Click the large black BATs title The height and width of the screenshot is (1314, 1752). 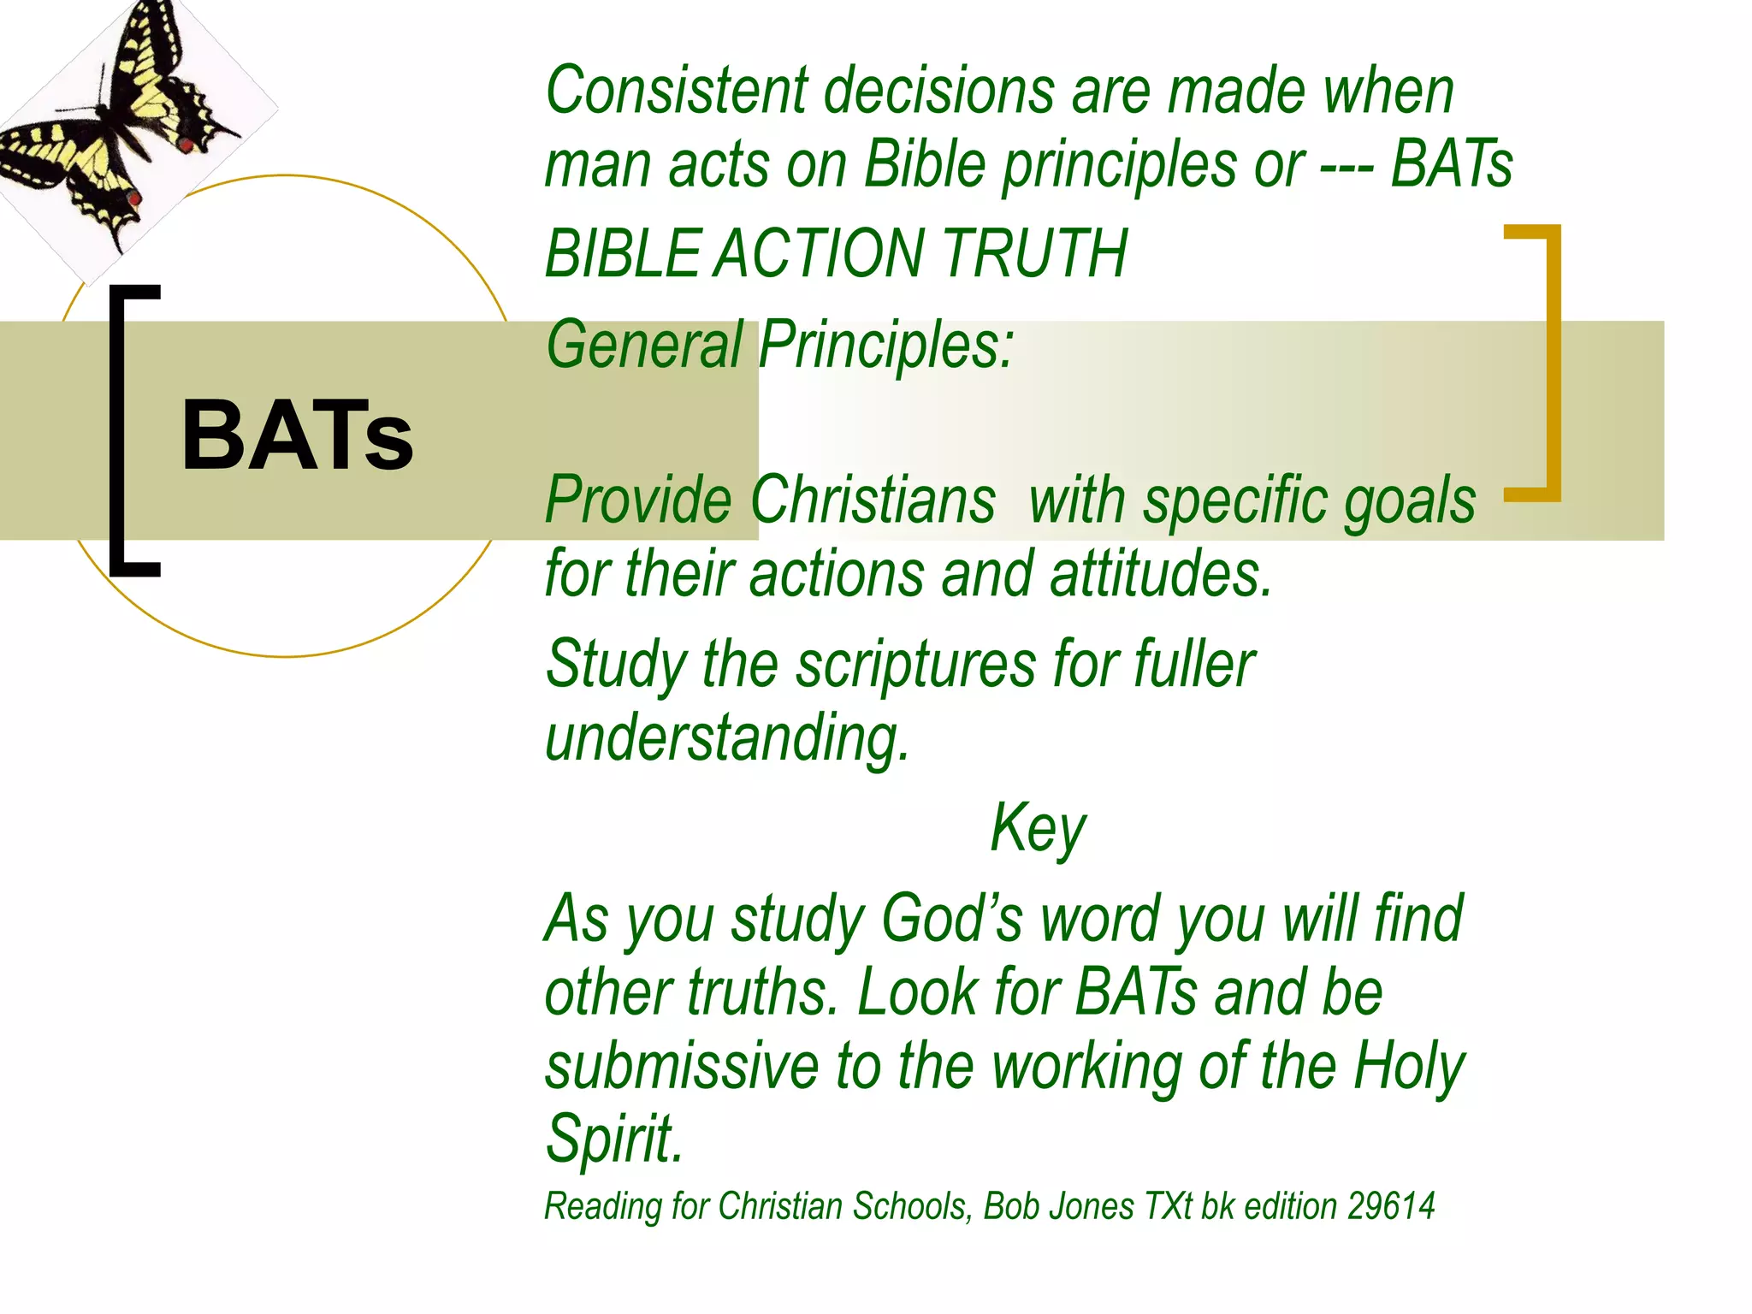point(297,435)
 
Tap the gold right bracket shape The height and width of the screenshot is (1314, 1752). point(1540,363)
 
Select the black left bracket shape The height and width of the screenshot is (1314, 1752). point(128,430)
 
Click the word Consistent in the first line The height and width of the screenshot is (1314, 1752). point(676,91)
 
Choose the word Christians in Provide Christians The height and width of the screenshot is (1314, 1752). point(873,500)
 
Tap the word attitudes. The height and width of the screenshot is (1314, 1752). point(1161,574)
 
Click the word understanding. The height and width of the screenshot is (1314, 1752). point(726,738)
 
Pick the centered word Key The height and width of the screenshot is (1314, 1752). point(1037,829)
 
